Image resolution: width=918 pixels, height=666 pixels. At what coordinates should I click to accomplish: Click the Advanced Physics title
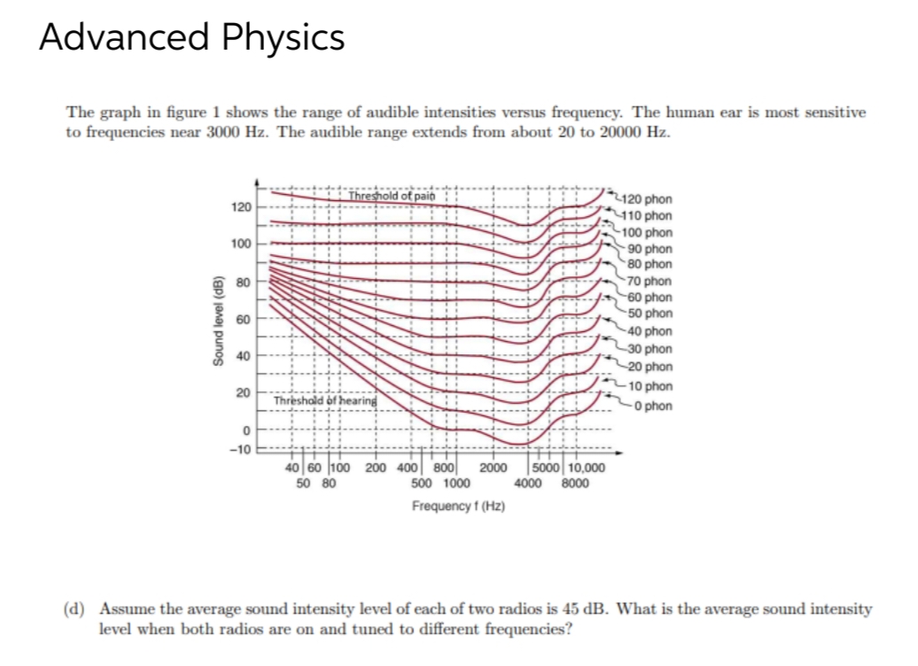(192, 37)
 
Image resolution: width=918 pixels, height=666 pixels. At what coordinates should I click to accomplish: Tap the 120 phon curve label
(649, 200)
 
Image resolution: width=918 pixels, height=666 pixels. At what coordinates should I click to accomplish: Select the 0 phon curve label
(650, 407)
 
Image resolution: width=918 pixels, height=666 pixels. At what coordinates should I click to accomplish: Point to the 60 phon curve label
(650, 298)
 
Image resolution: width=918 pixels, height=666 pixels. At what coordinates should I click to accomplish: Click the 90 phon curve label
(650, 249)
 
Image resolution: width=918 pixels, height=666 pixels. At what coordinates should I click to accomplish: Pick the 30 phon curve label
(650, 350)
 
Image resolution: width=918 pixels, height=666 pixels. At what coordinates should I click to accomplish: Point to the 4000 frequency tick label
(530, 484)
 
